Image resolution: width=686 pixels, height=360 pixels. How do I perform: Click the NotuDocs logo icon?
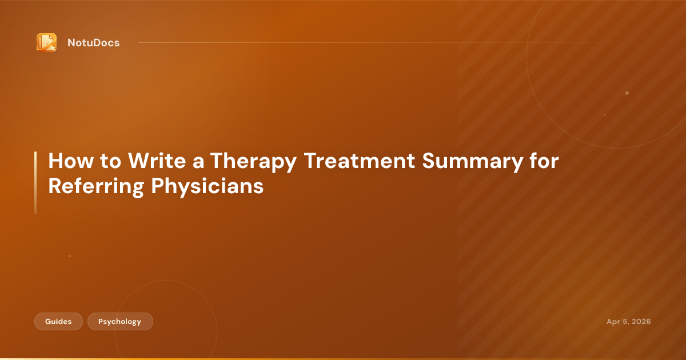tap(46, 42)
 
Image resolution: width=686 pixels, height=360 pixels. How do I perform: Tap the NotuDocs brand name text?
tap(93, 43)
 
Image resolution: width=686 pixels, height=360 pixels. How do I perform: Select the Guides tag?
tap(58, 322)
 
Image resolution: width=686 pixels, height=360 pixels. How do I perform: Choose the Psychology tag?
tap(119, 322)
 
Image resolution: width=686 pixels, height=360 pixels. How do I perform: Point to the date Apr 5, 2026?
tap(628, 322)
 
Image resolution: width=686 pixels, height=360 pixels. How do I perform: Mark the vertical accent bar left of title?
tap(35, 183)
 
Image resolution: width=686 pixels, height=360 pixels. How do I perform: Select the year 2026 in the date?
tap(640, 322)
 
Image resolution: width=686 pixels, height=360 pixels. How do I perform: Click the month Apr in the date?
tap(613, 322)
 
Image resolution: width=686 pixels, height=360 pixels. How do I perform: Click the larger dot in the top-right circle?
tap(627, 93)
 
